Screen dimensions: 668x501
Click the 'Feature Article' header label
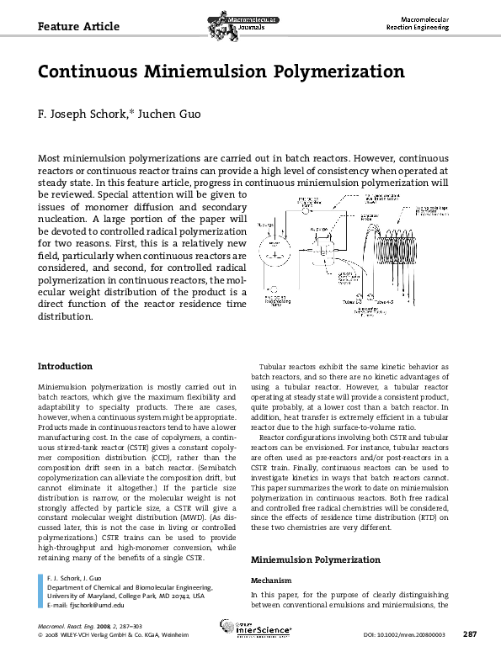[x=78, y=27]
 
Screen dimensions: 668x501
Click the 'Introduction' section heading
[x=66, y=366]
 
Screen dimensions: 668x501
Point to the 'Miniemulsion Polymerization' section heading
[x=316, y=559]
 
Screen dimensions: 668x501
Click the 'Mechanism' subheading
[x=272, y=581]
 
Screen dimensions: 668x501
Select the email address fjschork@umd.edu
[x=95, y=605]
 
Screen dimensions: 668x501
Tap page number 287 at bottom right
[x=472, y=634]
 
